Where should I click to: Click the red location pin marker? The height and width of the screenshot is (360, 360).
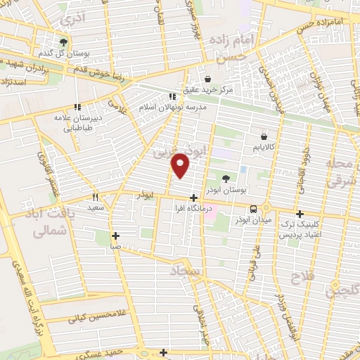coord(181,165)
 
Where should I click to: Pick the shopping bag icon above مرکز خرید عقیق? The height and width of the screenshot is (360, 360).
coord(208,78)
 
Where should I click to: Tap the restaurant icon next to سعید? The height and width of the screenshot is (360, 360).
coord(96,198)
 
